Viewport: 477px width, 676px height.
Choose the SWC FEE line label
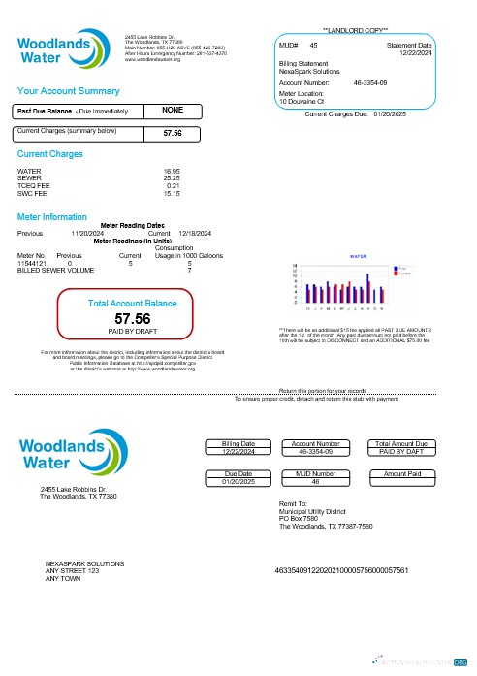pos(34,194)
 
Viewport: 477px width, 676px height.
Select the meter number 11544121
pos(34,263)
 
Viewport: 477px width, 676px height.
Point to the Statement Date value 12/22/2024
pos(413,52)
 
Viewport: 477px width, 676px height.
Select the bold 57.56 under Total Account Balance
pos(133,318)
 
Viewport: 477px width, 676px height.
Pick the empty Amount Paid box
pos(402,481)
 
